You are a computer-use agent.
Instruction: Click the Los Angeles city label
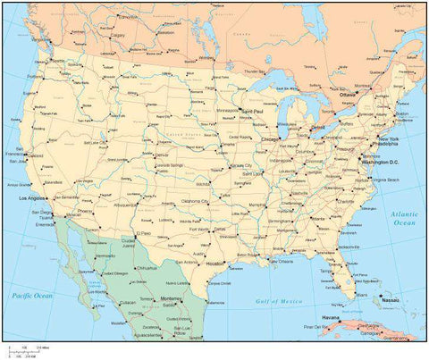[32, 197]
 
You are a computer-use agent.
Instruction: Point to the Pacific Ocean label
[30, 295]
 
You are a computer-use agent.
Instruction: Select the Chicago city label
[270, 139]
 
